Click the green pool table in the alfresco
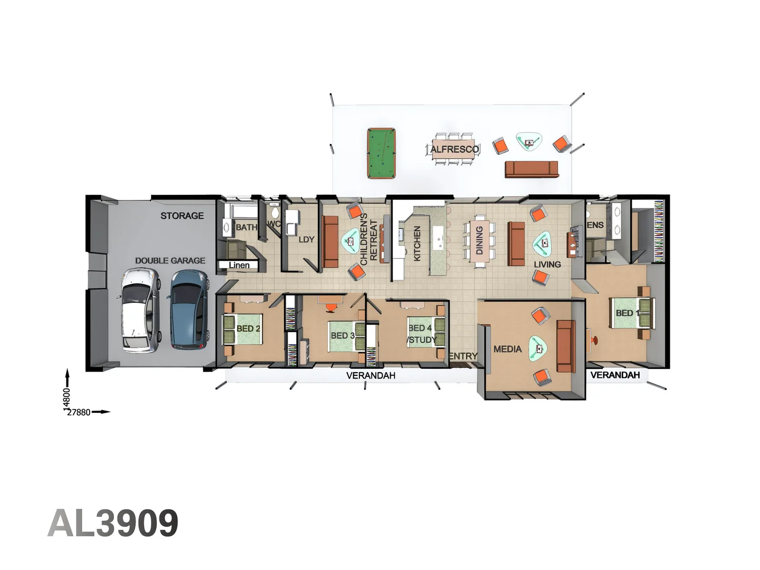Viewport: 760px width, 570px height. click(382, 154)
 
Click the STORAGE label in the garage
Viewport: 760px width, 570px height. click(182, 216)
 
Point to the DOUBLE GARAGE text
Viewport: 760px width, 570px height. click(170, 261)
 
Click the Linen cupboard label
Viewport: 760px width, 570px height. click(239, 265)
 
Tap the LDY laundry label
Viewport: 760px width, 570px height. click(306, 240)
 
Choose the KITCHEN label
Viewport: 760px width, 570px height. click(417, 243)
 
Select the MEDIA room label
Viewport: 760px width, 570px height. click(507, 349)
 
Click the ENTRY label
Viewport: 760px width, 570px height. click(463, 356)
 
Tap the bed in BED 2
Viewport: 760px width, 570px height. click(243, 329)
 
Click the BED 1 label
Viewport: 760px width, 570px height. click(627, 313)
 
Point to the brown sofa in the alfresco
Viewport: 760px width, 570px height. click(531, 169)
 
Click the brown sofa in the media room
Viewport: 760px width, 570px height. click(566, 346)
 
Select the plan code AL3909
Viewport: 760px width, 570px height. click(113, 523)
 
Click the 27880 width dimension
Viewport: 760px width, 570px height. click(79, 412)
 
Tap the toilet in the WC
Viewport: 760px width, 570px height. click(274, 212)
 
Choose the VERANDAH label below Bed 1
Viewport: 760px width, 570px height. click(615, 375)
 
